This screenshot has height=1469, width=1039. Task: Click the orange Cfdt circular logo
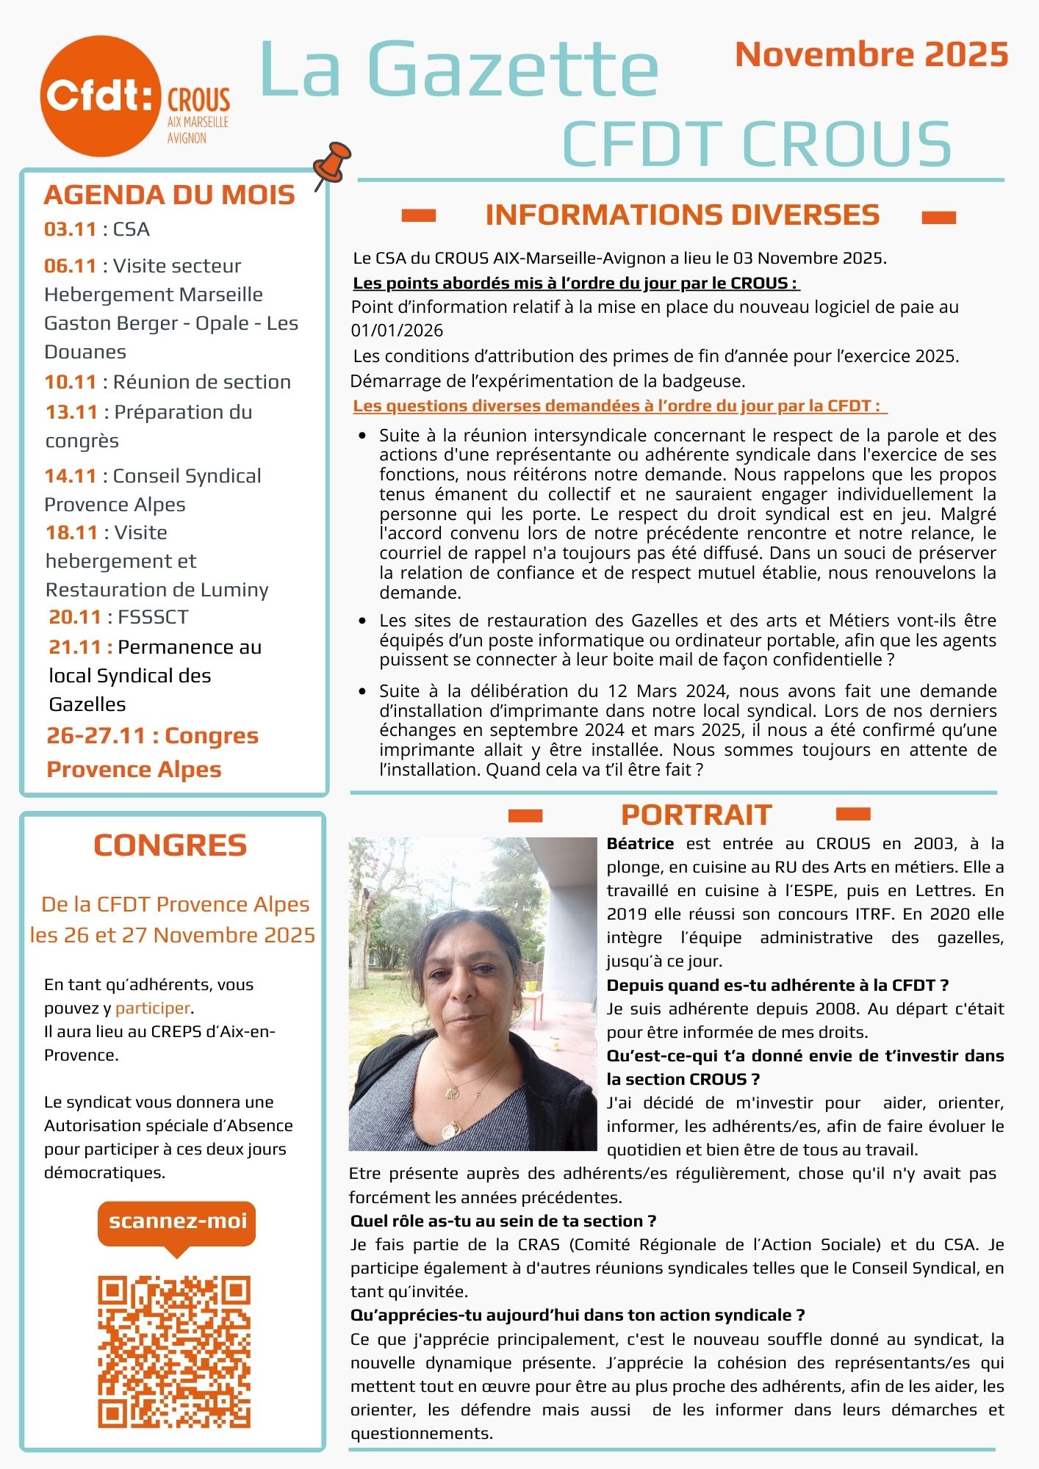101,96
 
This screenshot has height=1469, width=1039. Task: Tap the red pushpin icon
333,162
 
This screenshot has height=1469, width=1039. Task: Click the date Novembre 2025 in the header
871,55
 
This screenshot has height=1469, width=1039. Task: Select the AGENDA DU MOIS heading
170,195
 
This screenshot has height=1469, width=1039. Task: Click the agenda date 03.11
71,229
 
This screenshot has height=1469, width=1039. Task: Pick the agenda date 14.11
71,476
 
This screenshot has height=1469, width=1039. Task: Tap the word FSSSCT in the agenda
153,617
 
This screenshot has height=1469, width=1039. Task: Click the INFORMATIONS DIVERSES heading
682,215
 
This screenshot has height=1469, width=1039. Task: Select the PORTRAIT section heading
696,815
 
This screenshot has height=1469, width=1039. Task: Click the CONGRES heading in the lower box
170,845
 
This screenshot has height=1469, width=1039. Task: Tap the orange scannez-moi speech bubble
176,1221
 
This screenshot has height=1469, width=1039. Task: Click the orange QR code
175,1351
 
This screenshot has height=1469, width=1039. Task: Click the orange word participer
153,1008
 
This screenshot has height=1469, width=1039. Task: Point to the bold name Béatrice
640,844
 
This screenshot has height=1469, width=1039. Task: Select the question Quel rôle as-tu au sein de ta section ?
503,1221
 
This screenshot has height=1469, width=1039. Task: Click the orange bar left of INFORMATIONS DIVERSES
419,215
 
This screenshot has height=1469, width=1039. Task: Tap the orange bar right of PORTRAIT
853,814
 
